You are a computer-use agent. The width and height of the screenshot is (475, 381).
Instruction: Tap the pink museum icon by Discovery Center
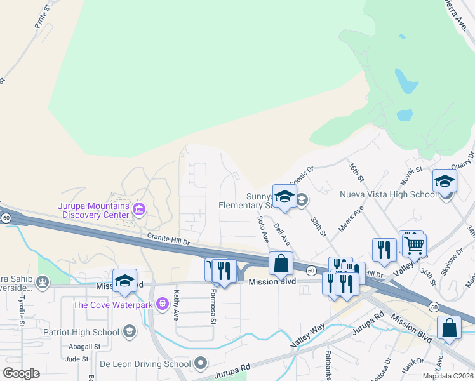[138, 208]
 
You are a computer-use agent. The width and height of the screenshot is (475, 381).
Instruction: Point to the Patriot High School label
[81, 332]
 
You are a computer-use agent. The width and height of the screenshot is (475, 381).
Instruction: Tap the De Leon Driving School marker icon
[201, 364]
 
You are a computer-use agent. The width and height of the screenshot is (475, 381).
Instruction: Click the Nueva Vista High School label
[388, 194]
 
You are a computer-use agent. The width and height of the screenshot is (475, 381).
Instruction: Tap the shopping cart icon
[414, 244]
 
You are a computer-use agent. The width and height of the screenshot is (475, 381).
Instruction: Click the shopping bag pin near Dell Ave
[281, 263]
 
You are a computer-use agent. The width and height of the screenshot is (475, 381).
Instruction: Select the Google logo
[22, 373]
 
